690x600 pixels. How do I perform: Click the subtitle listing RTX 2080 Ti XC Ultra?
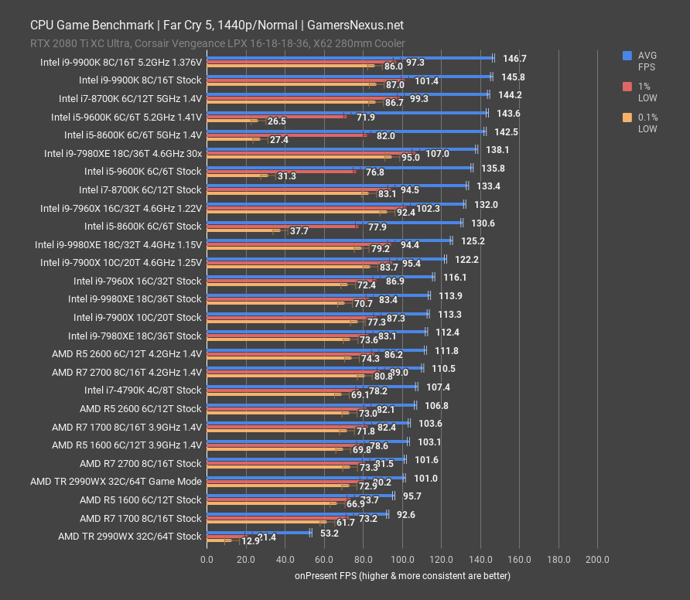[217, 44]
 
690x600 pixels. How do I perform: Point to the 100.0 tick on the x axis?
[401, 559]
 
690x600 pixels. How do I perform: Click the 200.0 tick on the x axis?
[596, 559]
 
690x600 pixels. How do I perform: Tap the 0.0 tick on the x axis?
[207, 559]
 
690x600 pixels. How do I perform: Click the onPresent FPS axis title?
[401, 576]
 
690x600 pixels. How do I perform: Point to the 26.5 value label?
[276, 121]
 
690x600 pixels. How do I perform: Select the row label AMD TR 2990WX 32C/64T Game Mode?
[115, 481]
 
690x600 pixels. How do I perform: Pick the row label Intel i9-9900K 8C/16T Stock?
[140, 80]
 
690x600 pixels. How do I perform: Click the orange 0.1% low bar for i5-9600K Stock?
[236, 176]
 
